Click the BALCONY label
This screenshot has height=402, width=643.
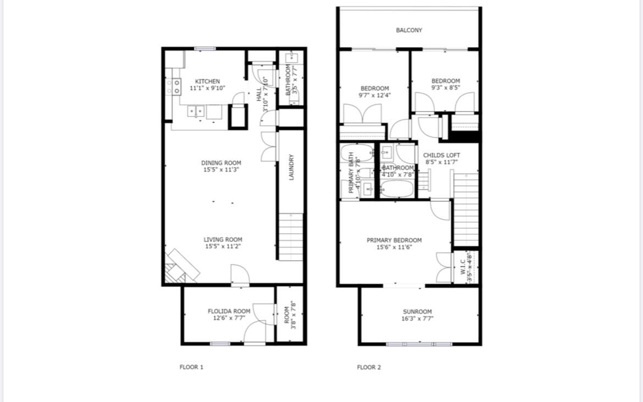409,30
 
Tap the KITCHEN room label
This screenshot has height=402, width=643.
207,81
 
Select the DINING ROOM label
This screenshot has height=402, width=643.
221,163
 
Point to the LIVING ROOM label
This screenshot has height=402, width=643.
223,240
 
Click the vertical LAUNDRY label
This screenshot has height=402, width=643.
292,167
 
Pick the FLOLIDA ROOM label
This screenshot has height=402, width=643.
229,311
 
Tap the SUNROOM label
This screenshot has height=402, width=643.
417,312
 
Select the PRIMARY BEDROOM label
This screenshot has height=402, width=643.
394,240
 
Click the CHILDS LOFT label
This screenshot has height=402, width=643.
441,156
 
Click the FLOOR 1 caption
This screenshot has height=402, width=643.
191,367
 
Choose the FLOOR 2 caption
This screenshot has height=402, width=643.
369,367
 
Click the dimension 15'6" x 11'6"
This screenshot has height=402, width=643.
394,247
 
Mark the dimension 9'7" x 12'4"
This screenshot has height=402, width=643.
375,95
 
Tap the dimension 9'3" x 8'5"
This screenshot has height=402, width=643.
445,87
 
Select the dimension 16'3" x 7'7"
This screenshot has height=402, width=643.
417,318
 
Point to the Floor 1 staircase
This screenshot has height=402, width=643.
291,236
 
